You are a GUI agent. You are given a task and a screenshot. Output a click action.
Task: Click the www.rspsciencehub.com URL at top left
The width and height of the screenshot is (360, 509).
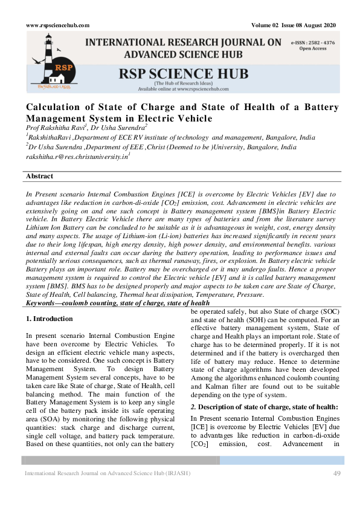(x=58, y=25)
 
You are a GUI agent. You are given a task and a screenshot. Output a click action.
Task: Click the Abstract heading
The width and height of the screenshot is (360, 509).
(x=39, y=177)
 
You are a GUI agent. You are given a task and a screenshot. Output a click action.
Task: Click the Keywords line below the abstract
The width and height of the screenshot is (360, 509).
(x=118, y=303)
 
